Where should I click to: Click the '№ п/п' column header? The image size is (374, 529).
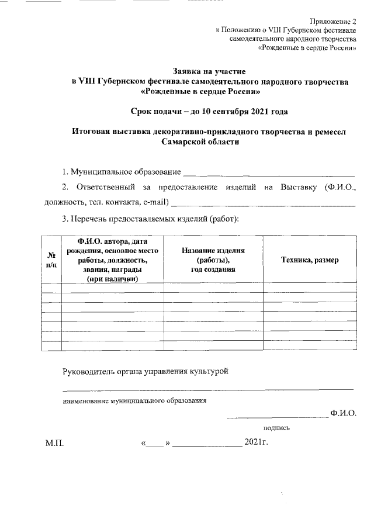click(x=51, y=260)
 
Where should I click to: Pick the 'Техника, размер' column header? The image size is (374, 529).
click(x=310, y=260)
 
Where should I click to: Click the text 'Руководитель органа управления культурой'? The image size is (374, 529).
click(x=145, y=371)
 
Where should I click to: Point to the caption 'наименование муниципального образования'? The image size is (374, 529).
click(x=135, y=401)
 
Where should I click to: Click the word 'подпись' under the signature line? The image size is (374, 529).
click(x=276, y=428)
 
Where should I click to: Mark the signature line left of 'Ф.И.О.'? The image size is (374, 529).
click(x=278, y=417)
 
